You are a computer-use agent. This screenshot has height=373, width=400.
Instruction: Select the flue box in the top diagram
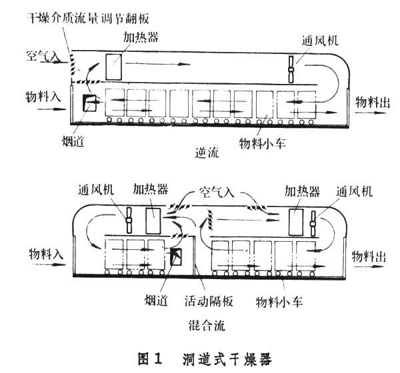click(x=87, y=103)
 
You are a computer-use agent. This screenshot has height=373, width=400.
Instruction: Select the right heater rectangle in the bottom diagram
click(x=296, y=220)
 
